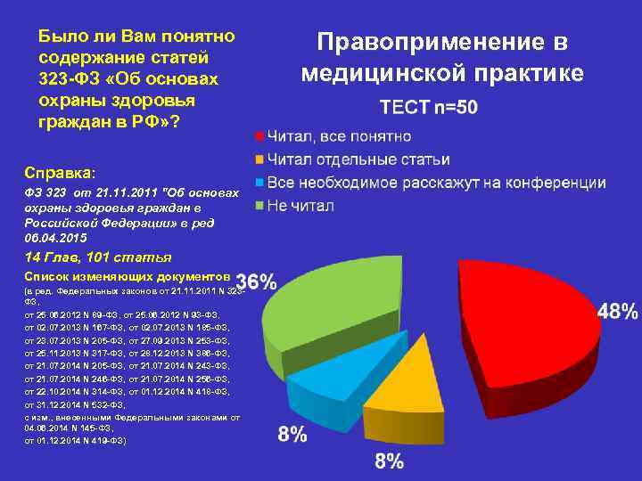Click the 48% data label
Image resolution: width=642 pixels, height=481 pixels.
click(617, 312)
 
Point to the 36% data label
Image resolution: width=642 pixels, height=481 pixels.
click(256, 282)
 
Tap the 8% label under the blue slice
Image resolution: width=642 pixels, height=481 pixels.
click(292, 435)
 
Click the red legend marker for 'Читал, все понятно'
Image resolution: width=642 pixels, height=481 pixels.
click(259, 137)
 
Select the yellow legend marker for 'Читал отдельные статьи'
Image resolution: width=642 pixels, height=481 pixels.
click(259, 160)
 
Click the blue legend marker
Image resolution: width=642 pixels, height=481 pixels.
click(259, 183)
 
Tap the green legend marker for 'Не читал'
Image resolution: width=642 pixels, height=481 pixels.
click(259, 207)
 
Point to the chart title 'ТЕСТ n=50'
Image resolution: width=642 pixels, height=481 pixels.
click(428, 108)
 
